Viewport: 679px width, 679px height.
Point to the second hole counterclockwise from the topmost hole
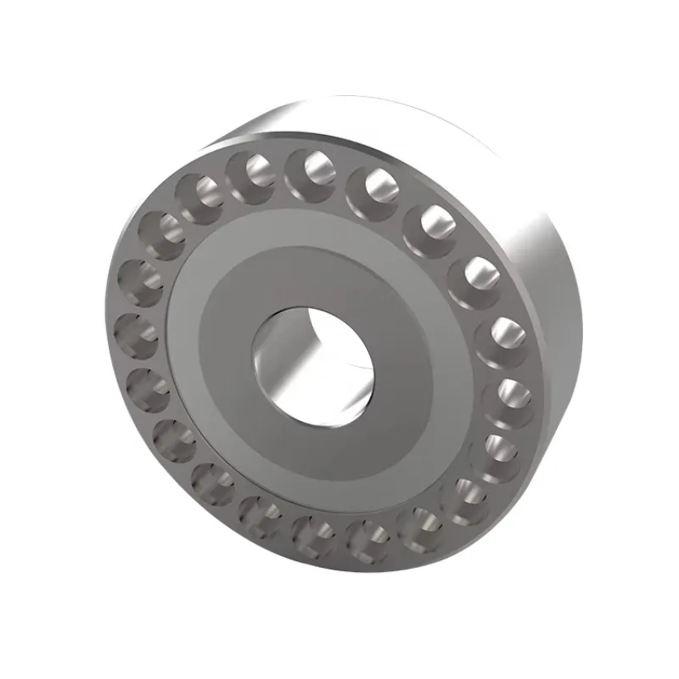tap(200, 192)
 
